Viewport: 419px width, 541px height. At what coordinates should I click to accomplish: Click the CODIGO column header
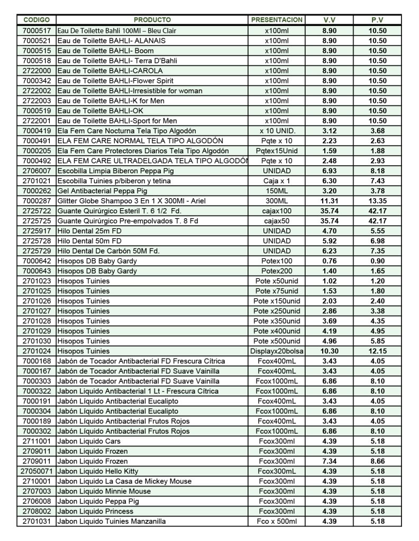click(x=37, y=20)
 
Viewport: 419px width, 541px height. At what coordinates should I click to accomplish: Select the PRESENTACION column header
click(x=277, y=20)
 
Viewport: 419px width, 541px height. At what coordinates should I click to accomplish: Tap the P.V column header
click(x=377, y=20)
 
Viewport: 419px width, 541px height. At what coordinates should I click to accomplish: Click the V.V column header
click(x=329, y=20)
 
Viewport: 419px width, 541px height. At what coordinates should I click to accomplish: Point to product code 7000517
click(x=37, y=31)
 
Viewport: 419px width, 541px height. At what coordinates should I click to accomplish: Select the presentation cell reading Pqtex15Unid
click(x=277, y=151)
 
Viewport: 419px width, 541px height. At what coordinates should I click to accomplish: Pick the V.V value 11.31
click(x=329, y=201)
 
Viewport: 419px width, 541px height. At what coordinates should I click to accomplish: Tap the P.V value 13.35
click(x=377, y=201)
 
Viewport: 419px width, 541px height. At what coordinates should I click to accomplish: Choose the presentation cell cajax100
click(x=277, y=211)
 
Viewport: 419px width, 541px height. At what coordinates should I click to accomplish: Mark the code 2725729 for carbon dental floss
click(x=37, y=251)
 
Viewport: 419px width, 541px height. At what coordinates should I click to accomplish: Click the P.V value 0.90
click(x=377, y=261)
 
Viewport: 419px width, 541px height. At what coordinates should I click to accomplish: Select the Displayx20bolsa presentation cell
click(x=277, y=351)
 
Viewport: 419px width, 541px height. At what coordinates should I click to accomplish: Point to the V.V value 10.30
click(x=329, y=351)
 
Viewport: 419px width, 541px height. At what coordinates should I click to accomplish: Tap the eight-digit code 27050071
click(x=37, y=471)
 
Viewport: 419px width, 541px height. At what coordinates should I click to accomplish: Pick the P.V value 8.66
click(x=377, y=461)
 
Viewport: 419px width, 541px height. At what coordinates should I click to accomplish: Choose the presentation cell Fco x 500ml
click(x=277, y=521)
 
